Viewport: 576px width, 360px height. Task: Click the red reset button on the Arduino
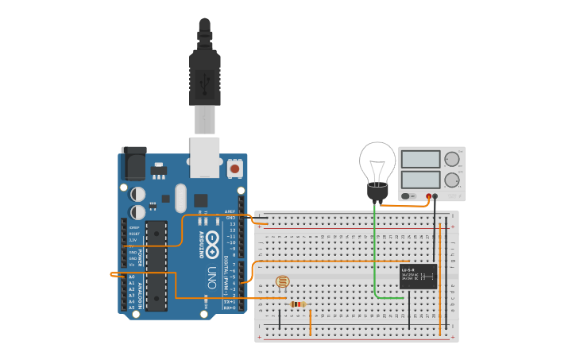[x=234, y=168]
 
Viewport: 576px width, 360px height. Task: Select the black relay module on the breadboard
[x=418, y=276]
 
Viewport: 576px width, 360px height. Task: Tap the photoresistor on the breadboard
[x=282, y=281]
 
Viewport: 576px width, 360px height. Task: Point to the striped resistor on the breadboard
[x=298, y=304]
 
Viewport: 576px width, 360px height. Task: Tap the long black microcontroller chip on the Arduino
[x=156, y=264]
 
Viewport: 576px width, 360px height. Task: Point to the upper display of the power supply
[x=421, y=159]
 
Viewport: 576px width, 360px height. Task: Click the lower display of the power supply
[x=421, y=180]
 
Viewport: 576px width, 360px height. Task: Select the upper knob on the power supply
[x=451, y=159]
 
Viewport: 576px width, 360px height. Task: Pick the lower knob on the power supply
[x=451, y=180]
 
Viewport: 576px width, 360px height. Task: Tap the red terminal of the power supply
[x=428, y=195]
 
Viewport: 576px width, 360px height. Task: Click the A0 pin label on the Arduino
[x=131, y=276]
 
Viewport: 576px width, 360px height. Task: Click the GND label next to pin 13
[x=230, y=217]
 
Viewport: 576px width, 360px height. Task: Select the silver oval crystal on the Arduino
[x=180, y=198]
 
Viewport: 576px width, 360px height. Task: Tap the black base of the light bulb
[x=377, y=192]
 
